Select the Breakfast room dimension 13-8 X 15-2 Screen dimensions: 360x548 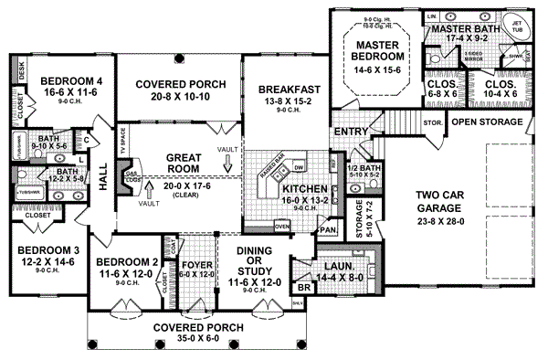click(288, 101)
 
